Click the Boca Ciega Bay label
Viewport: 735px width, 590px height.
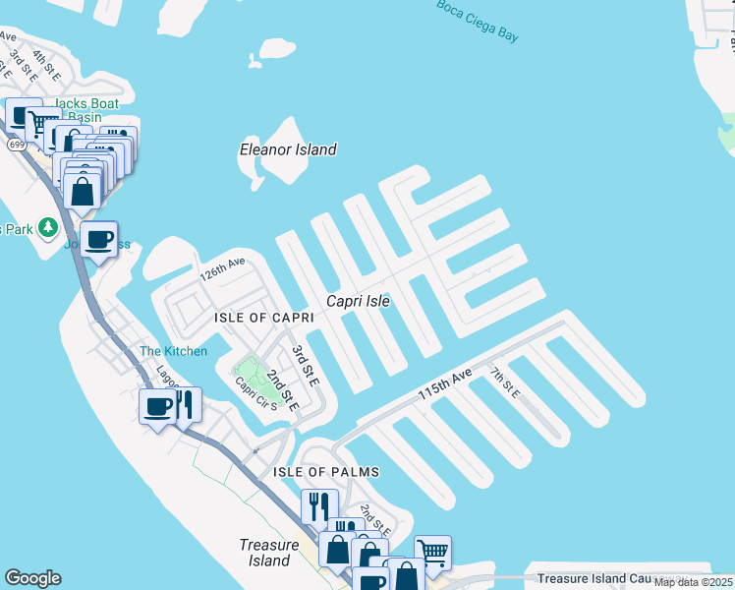(x=478, y=20)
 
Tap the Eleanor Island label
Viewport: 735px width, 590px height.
(x=288, y=149)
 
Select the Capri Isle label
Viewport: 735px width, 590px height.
(x=359, y=302)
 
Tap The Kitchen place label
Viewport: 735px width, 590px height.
(x=173, y=351)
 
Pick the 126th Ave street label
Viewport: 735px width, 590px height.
(x=222, y=267)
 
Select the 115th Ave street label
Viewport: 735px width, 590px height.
(x=444, y=383)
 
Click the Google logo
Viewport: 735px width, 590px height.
(x=32, y=578)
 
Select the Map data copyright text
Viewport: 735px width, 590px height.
(x=694, y=582)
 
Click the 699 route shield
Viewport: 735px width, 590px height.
(x=16, y=145)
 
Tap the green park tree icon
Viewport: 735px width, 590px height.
(x=45, y=228)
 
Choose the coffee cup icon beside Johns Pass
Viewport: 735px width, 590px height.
(x=98, y=239)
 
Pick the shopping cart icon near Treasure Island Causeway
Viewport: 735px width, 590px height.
(x=432, y=553)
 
